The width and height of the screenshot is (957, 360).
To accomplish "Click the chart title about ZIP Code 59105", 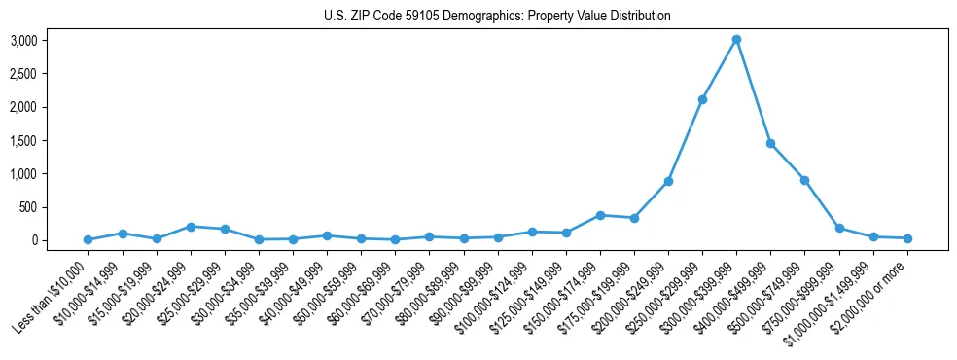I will click(x=497, y=17).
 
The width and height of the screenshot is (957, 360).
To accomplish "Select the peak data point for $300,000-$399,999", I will click(x=736, y=39).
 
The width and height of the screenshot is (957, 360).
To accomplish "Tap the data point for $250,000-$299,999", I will click(x=702, y=99).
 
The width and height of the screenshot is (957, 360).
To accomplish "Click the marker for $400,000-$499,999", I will click(x=770, y=143).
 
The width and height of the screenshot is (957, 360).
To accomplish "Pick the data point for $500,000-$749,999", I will click(x=805, y=180).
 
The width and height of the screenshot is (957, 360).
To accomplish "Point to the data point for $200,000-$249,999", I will click(x=668, y=181).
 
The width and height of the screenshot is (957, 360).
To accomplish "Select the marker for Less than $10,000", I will click(x=88, y=239).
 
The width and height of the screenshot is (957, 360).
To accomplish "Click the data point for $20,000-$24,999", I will click(x=191, y=227).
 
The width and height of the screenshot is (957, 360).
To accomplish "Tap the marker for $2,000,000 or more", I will click(x=907, y=238).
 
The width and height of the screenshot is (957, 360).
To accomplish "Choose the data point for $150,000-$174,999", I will click(x=600, y=215).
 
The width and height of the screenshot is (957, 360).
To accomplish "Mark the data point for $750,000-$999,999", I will click(x=839, y=228).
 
